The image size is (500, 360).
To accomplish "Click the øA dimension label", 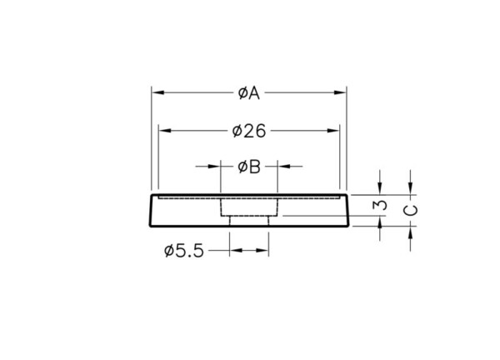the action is click(249, 93).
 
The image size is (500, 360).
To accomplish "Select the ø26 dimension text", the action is click(249, 131).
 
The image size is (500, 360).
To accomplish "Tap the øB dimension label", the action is click(249, 167).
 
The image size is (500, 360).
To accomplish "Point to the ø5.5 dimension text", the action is click(184, 251).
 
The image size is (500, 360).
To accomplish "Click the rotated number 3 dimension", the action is click(380, 205).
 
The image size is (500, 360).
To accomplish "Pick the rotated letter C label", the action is click(411, 211).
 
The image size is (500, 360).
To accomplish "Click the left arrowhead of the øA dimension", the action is click(157, 92).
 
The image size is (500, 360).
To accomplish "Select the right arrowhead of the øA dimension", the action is click(340, 92).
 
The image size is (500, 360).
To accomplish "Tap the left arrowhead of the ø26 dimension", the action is click(165, 130).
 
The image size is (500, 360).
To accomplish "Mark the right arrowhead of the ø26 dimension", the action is click(333, 130).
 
